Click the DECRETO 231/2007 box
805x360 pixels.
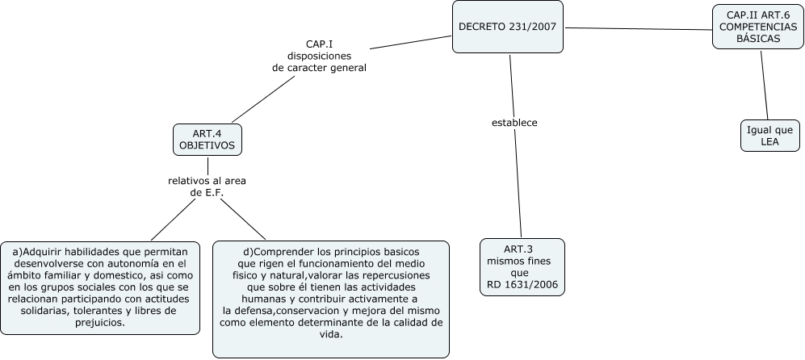(507, 27)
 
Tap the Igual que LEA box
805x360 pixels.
(769, 135)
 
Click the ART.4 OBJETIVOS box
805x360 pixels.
(207, 139)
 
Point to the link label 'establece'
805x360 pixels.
(514, 123)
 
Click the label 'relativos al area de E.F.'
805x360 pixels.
(207, 186)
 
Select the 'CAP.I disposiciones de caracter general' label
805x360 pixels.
(320, 56)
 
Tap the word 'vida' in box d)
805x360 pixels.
(330, 334)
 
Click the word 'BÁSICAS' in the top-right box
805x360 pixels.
(759, 38)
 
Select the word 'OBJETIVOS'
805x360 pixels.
(207, 145)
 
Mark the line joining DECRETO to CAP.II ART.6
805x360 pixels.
(638, 29)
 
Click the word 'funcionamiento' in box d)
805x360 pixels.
(329, 263)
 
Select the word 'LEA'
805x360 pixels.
(769, 141)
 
